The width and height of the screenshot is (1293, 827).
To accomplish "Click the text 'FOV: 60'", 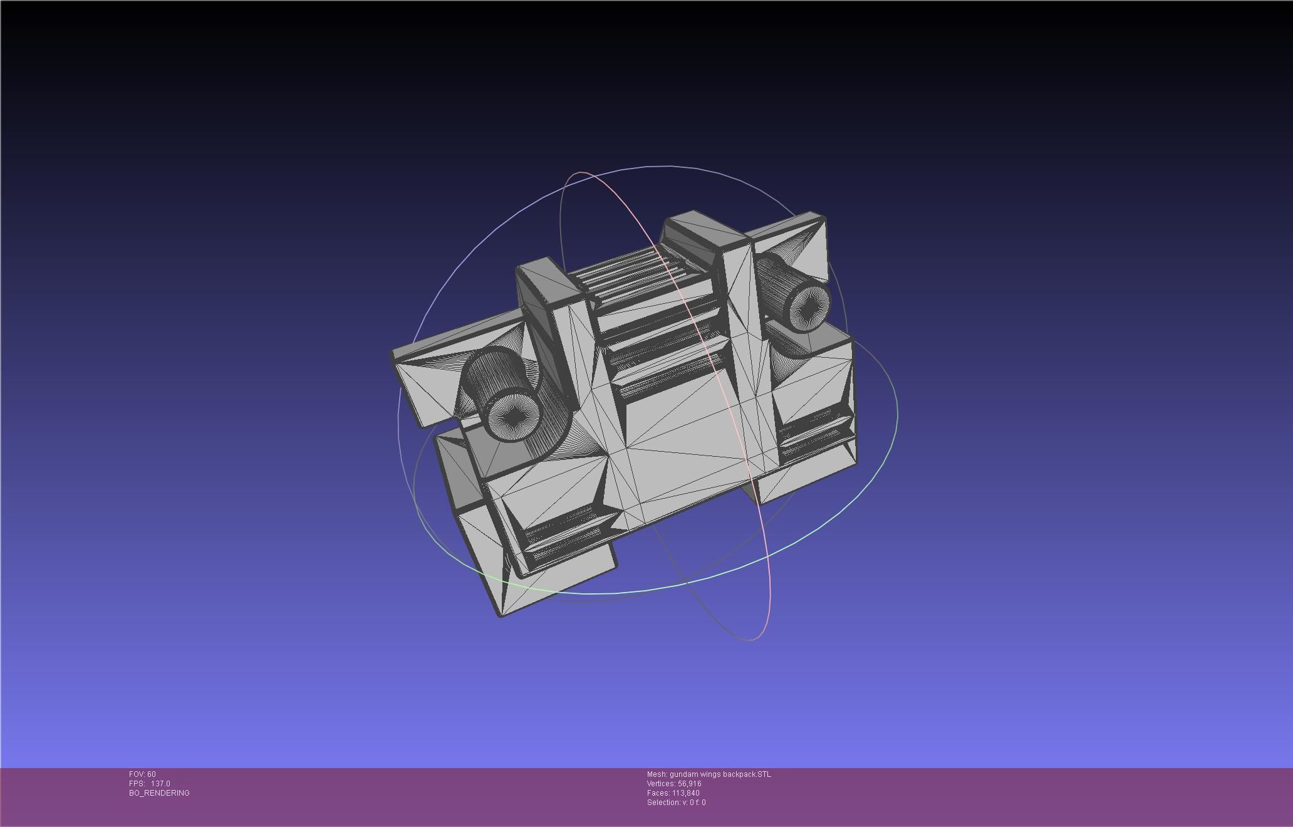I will pos(142,774).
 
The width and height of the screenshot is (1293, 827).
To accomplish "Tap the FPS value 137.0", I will pos(160,784).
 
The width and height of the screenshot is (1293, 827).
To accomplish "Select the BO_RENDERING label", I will pos(159,793).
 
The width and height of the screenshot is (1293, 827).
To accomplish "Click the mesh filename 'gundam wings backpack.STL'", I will pos(720,774).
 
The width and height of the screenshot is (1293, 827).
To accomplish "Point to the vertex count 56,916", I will pos(689,784).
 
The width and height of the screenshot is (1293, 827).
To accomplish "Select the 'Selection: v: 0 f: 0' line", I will pos(676,803).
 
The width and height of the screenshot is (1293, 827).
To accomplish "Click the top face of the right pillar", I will pos(707,229).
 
